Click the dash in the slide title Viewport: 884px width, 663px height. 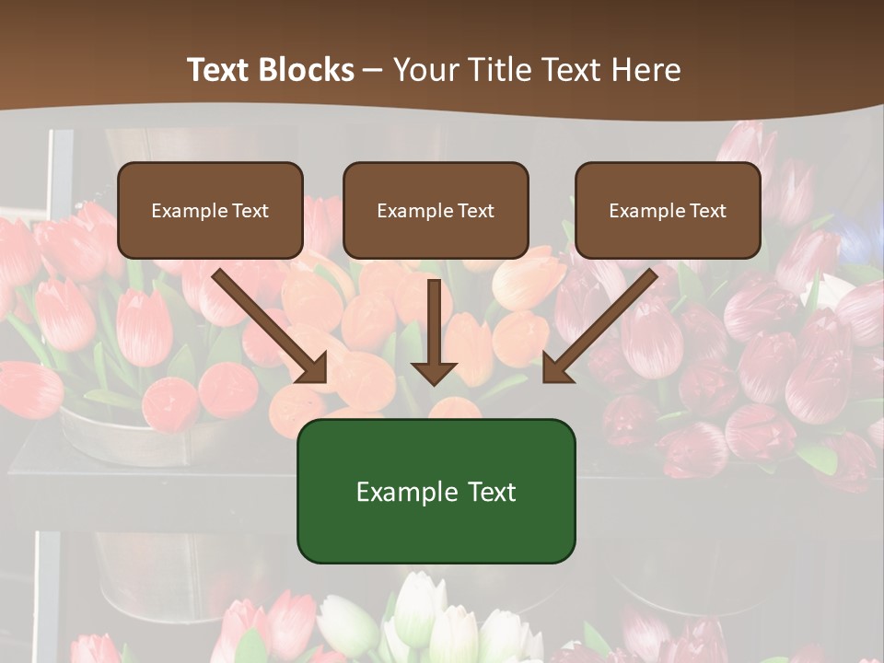(373, 71)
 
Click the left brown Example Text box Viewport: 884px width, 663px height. (210, 210)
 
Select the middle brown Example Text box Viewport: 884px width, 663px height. (436, 210)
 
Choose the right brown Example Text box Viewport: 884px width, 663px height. (668, 210)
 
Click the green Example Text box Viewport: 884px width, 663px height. (436, 491)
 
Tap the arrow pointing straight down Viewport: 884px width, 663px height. (434, 327)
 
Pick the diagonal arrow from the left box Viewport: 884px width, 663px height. (267, 322)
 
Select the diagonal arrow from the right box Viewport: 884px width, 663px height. (603, 322)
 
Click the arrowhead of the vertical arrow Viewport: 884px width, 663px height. (434, 371)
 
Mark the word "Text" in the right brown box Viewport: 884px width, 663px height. (707, 211)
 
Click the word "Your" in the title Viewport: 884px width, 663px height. (422, 70)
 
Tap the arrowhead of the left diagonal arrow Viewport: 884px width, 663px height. (313, 367)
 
